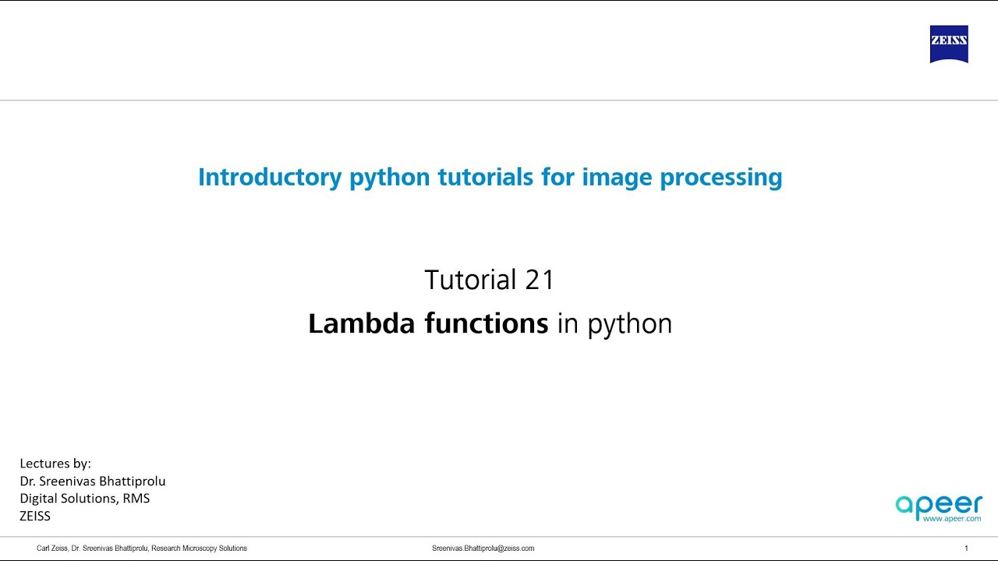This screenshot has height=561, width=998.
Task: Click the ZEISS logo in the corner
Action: click(949, 44)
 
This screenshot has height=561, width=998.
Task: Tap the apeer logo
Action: click(938, 506)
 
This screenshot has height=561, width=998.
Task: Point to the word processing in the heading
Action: click(721, 178)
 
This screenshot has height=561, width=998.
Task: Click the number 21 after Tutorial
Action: click(540, 280)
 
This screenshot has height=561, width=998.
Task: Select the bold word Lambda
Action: click(361, 323)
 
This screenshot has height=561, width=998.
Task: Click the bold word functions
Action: click(487, 323)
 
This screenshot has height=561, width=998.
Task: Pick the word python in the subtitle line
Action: click(630, 325)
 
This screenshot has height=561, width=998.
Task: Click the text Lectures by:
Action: click(55, 464)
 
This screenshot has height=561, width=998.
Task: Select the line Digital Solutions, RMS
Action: click(84, 499)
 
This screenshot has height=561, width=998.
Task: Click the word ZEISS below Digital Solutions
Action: click(35, 516)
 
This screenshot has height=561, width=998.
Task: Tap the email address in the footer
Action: click(483, 549)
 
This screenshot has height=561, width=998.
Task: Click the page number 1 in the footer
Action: click(966, 549)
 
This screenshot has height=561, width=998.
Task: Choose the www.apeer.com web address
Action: click(951, 518)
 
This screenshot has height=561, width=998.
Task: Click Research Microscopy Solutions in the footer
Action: click(199, 549)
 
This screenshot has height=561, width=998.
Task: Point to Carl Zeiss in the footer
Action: click(51, 549)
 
